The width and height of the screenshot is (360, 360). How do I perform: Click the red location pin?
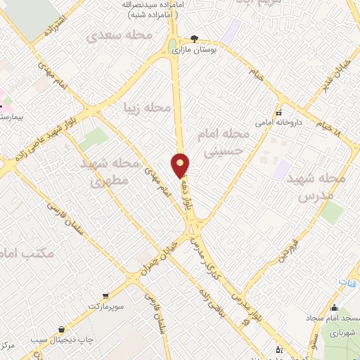(181, 165)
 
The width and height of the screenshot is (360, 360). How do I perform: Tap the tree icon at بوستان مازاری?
(195, 39)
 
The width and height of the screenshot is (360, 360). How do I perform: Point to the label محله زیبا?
(147, 108)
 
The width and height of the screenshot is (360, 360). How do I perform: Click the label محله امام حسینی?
(231, 141)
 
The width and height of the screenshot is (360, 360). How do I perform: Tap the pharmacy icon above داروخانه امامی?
(279, 112)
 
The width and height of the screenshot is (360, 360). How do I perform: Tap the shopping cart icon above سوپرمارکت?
(105, 296)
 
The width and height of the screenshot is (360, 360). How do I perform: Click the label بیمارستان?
(10, 113)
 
